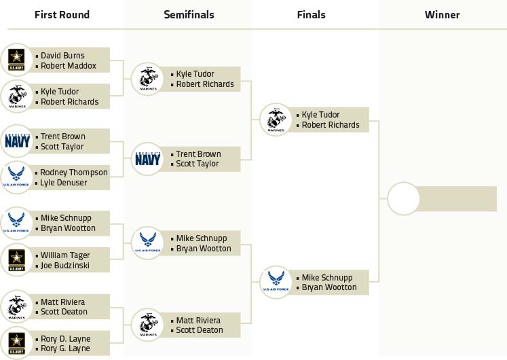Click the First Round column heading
(62, 14)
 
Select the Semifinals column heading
(189, 14)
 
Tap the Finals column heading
(311, 14)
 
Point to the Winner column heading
(442, 14)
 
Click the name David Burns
(62, 56)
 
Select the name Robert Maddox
(69, 66)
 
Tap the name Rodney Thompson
(74, 173)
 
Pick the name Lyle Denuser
(63, 183)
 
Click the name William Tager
(65, 255)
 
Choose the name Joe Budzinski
(65, 266)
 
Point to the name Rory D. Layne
(65, 339)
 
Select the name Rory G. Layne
(65, 348)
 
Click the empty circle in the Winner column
(403, 198)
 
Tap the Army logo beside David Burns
(16, 60)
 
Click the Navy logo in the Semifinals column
(148, 159)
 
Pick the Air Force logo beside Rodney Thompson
(16, 177)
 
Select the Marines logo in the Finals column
(276, 120)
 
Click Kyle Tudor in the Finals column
(320, 115)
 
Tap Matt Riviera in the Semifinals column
(198, 321)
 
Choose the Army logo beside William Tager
(16, 260)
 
